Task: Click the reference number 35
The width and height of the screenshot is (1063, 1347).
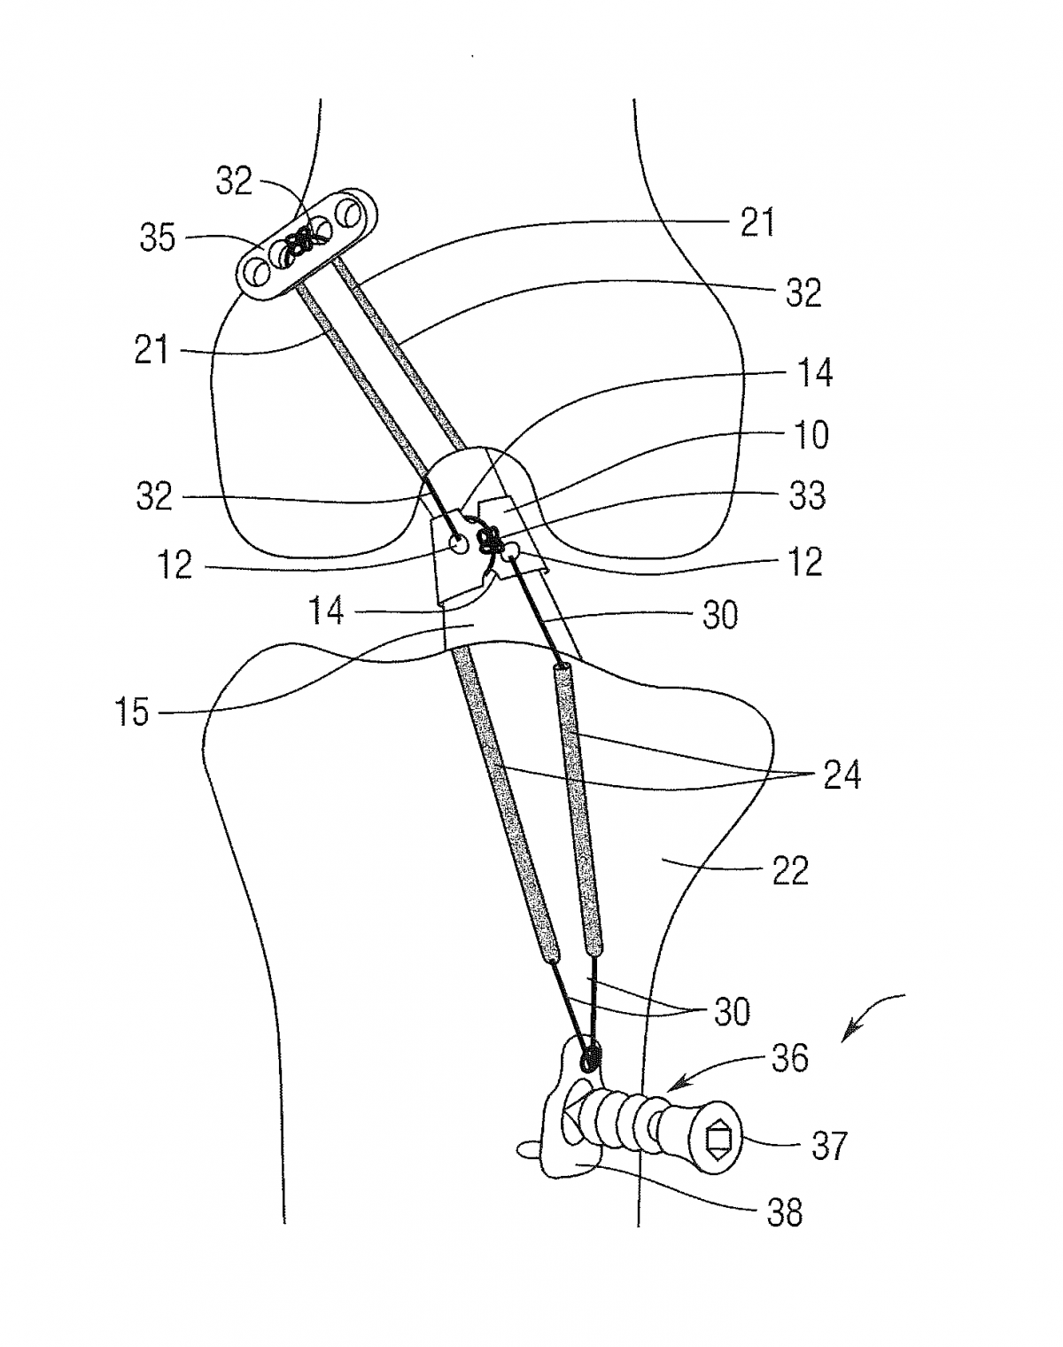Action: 158,237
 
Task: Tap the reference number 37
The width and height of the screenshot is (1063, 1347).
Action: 829,1146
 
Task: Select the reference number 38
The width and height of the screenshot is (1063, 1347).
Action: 784,1212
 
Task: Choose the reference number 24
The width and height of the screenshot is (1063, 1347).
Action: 842,775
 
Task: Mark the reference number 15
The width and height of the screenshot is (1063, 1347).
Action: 132,712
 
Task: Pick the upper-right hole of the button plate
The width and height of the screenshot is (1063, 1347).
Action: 349,214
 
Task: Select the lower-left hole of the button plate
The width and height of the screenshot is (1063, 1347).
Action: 259,272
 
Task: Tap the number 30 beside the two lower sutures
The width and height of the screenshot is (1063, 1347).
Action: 732,1011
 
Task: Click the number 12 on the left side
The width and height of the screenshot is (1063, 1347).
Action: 175,564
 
